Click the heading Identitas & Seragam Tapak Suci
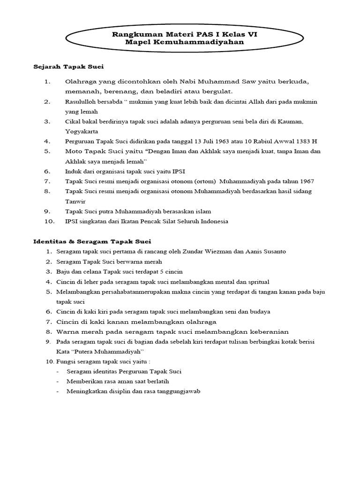tap(92, 241)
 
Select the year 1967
tap(306, 181)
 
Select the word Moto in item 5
tap(75, 151)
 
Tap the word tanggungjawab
tap(180, 391)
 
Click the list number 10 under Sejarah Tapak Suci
tap(50, 221)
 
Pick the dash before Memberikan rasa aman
tap(57, 382)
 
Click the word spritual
tap(256, 282)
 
